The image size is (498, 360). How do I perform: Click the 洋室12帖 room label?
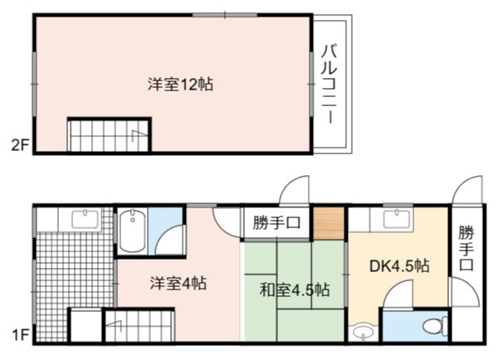pos(180,85)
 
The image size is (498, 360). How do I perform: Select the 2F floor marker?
pos(20,145)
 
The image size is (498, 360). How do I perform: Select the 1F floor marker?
pos(21,335)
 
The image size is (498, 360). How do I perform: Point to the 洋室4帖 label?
pos(178,284)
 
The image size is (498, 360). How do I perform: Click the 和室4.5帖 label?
pos(295,289)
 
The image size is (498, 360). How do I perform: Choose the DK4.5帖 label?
pos(399,266)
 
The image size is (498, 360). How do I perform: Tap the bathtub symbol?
pos(133,231)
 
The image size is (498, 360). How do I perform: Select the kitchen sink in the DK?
pos(397,220)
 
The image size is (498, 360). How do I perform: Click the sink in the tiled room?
pos(85,220)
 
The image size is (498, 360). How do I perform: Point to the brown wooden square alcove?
pos(329,223)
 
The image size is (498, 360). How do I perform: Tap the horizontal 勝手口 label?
pos(276,223)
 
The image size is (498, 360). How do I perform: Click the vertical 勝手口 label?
pos(466,248)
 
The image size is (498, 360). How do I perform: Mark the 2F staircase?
pos(109,135)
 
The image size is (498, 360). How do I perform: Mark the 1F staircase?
pos(139,325)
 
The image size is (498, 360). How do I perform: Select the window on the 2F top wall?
pos(225,15)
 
